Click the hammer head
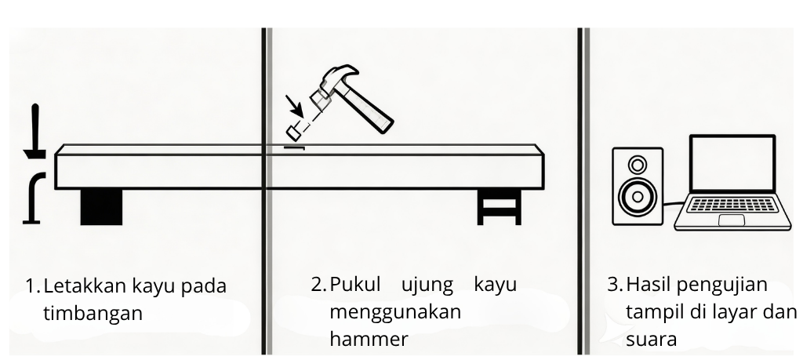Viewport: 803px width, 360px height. pyautogui.click(x=333, y=84)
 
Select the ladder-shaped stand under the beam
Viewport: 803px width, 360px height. pyautogui.click(x=499, y=208)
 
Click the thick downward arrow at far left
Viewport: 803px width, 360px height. pyautogui.click(x=35, y=133)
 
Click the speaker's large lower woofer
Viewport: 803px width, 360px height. pyautogui.click(x=637, y=195)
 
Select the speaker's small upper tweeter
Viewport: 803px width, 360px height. pyautogui.click(x=638, y=165)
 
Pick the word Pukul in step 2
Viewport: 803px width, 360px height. pyautogui.click(x=354, y=285)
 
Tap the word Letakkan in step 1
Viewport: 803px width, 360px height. pyautogui.click(x=78, y=285)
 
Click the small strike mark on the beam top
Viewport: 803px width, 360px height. pyautogui.click(x=294, y=147)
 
